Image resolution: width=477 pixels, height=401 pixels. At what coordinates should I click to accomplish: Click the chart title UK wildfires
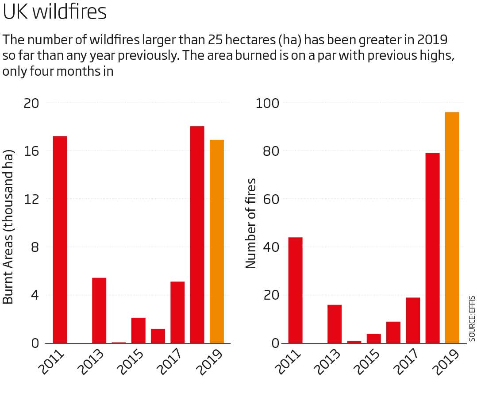[54, 12]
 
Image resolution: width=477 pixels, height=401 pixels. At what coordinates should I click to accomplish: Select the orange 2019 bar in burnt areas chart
[217, 241]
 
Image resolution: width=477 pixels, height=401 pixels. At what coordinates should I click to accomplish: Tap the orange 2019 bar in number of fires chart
[452, 227]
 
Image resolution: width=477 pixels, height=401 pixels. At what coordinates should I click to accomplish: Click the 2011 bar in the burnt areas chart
[60, 239]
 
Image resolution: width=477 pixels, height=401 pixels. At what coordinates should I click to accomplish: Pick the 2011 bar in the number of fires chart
[295, 290]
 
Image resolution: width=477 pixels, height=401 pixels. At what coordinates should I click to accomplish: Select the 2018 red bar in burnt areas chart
[197, 235]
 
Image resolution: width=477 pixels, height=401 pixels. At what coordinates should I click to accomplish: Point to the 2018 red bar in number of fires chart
[432, 248]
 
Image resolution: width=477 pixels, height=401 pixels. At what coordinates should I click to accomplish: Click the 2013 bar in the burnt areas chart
[99, 310]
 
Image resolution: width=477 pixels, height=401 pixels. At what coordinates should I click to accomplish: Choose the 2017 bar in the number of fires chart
[413, 320]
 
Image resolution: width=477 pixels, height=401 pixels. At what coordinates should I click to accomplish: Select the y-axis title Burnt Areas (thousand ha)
[8, 227]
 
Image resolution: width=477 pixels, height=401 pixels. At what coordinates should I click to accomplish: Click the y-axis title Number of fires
[250, 223]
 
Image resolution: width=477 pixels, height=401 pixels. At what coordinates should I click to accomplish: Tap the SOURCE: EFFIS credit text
[472, 318]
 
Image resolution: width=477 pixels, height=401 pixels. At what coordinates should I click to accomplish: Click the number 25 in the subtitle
[216, 40]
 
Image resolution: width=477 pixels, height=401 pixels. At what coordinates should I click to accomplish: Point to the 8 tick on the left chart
[34, 247]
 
